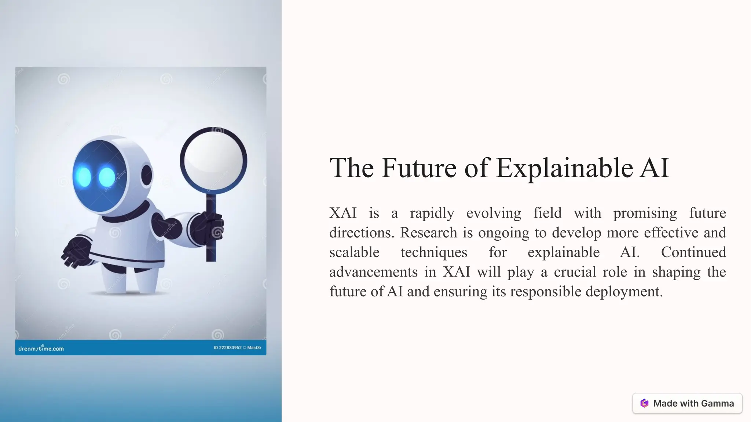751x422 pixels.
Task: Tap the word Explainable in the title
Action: coord(564,169)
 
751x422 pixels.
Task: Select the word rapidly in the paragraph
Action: coord(432,213)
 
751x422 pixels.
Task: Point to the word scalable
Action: coord(354,252)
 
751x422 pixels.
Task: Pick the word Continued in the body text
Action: coord(693,252)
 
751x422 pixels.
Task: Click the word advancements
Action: coord(373,272)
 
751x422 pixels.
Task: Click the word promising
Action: coord(645,213)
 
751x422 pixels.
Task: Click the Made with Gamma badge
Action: coord(687,403)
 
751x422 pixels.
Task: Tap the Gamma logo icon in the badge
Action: coord(644,403)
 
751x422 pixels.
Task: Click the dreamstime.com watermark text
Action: coord(41,348)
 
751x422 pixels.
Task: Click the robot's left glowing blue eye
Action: coord(84,177)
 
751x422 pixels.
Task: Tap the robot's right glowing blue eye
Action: coord(107,177)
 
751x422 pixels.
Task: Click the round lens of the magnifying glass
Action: coord(213,160)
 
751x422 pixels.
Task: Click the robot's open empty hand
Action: coord(76,252)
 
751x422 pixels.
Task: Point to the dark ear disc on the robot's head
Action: coord(147,175)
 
